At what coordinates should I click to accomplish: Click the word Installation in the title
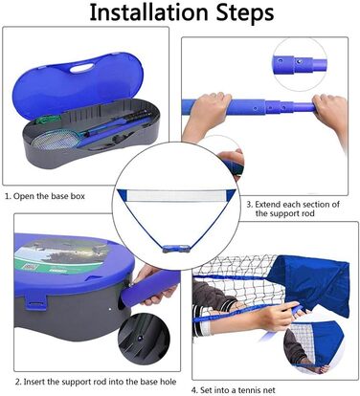pos(148,12)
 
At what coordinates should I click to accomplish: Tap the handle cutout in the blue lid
pos(81,68)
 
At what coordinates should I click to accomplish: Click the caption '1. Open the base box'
pos(45,196)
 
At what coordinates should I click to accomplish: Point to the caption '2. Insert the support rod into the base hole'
pos(96,382)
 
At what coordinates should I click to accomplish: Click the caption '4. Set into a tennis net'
pos(233,389)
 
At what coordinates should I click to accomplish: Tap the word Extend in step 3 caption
pos(267,204)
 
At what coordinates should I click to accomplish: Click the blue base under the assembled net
pos(175,249)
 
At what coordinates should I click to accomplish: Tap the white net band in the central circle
pos(176,195)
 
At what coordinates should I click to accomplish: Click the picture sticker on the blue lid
pos(60,254)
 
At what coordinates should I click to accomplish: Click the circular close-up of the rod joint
pos(300,65)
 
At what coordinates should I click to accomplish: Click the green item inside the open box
pos(48,120)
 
